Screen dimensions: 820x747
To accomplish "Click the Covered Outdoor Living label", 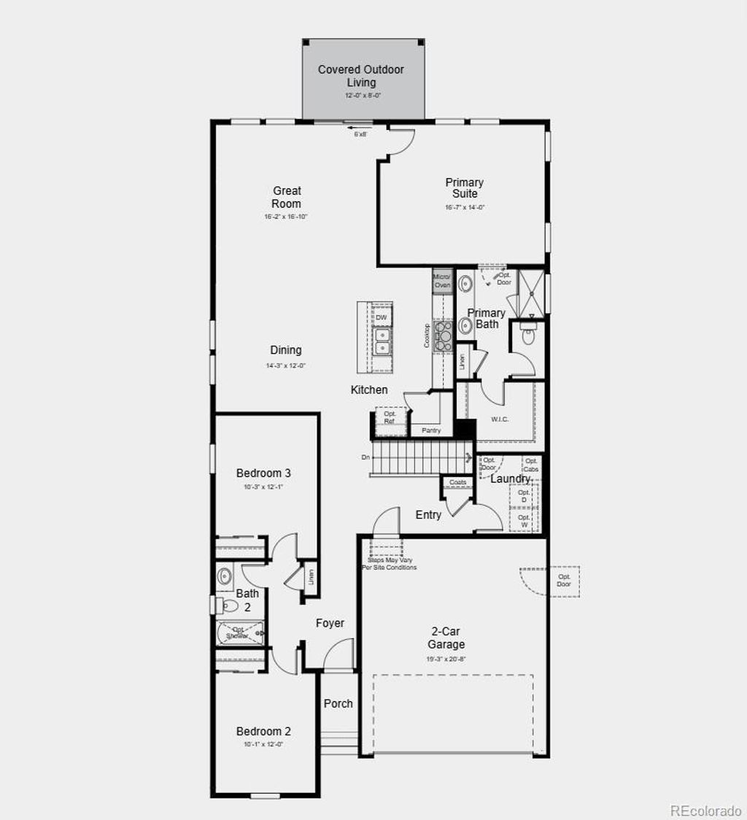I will [360, 76].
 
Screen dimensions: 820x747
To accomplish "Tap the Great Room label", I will [287, 198].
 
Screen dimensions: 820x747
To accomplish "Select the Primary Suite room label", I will [465, 188].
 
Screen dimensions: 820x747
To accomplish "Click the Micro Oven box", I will [442, 281].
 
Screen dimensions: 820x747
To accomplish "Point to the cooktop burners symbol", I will [444, 336].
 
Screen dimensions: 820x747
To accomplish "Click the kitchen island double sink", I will [382, 340].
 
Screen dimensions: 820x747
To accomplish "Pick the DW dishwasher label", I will [381, 317].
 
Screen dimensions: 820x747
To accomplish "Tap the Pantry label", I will [431, 430].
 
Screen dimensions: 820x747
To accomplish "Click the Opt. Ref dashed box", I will [390, 418].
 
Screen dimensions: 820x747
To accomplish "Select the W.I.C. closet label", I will [500, 419].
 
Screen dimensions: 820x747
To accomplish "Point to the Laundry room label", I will [510, 479].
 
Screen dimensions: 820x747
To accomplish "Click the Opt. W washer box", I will [524, 520].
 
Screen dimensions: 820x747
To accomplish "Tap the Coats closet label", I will [457, 482].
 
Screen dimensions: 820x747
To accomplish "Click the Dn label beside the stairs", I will [365, 457].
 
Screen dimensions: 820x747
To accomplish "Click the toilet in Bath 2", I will [228, 605].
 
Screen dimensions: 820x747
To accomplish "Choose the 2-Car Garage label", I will [446, 638].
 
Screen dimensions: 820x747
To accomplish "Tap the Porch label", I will [338, 703].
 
